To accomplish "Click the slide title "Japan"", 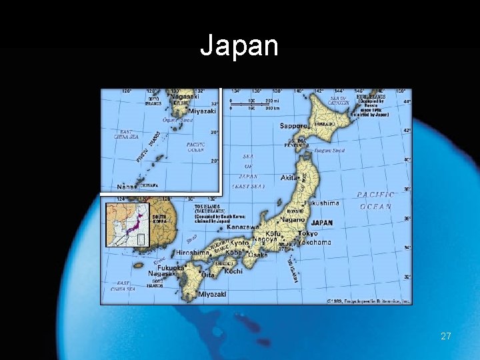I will tap(239, 46).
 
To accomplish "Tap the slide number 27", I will tap(446, 336).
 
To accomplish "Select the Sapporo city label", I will tap(293, 125).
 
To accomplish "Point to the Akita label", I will tap(289, 179).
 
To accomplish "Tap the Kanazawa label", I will tap(242, 227).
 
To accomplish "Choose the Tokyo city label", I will tap(308, 234).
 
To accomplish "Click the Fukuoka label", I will tap(171, 267).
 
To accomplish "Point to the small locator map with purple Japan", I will tap(127, 225).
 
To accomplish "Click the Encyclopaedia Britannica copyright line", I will tap(368, 301).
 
